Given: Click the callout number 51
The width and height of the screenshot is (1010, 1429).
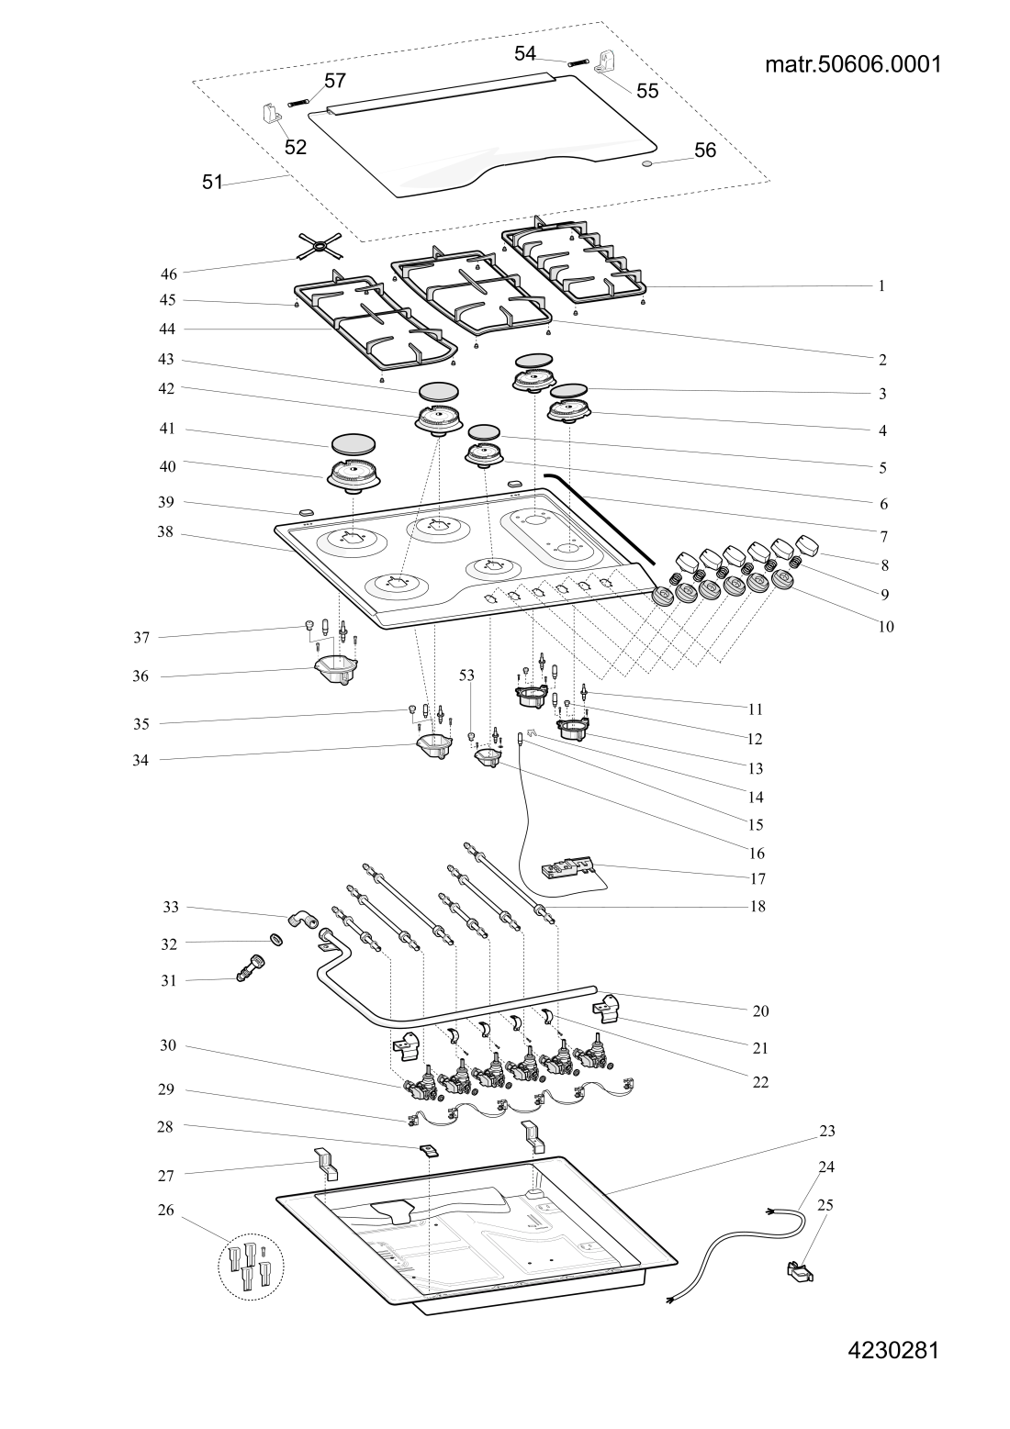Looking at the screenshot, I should tap(212, 182).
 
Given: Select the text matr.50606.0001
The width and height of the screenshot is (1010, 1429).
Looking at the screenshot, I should tap(853, 65).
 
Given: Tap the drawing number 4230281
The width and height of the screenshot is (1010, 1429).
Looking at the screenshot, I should tap(892, 1350).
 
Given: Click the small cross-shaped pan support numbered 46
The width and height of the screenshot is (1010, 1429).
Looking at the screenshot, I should tap(319, 245).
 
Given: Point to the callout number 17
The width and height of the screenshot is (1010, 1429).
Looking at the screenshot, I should tap(757, 878).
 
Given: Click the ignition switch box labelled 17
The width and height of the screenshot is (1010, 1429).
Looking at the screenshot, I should tap(568, 866).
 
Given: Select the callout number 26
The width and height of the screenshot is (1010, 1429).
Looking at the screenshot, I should tap(165, 1210).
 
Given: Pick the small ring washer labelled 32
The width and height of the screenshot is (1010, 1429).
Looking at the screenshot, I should tap(275, 940).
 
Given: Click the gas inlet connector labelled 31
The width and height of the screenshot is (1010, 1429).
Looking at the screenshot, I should tap(250, 969).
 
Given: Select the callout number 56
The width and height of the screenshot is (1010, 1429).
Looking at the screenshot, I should tap(705, 151).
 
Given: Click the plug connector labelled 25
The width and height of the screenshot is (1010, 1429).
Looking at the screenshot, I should tap(802, 1271).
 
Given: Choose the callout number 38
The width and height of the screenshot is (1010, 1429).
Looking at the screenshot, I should tap(165, 532).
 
